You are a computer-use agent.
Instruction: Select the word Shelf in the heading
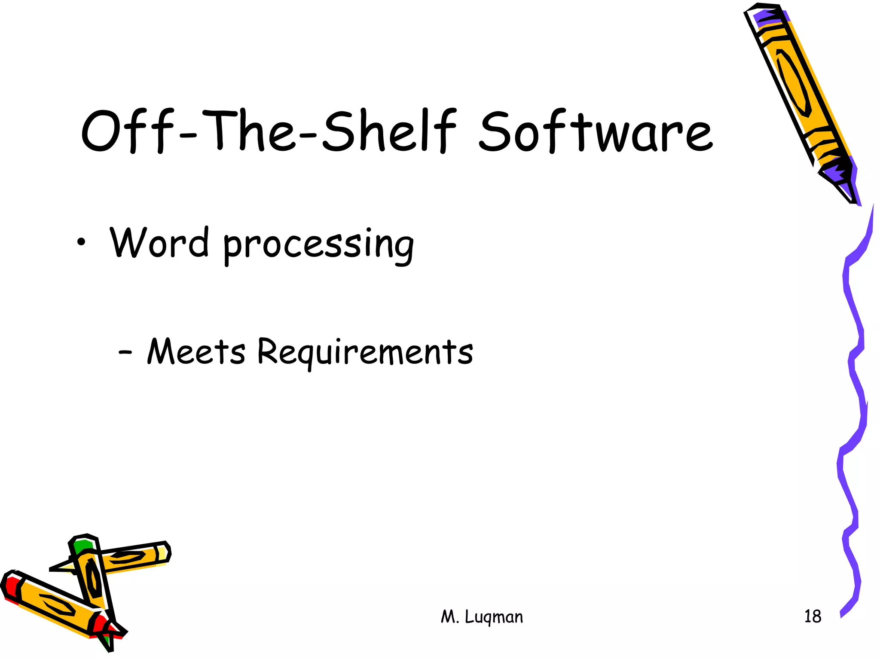389,131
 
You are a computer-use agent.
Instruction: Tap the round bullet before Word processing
81,244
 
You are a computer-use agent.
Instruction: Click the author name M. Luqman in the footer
482,617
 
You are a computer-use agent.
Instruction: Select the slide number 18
812,616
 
